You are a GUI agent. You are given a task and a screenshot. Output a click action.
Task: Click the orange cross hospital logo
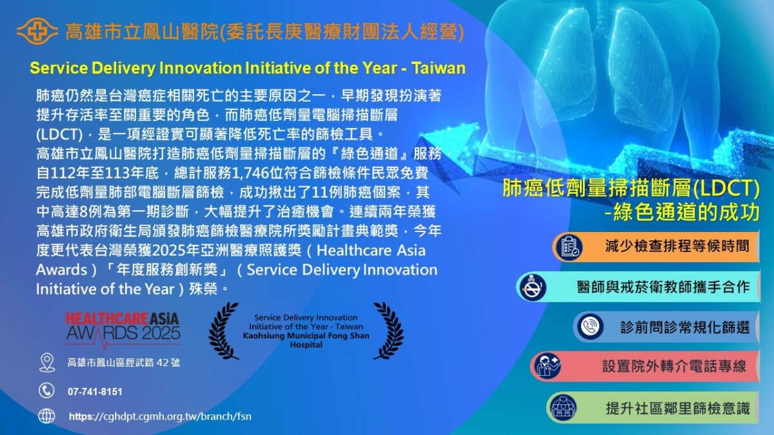[37, 32]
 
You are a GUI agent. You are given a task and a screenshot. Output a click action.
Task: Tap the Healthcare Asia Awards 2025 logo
[123, 330]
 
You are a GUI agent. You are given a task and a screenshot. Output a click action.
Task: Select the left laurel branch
[223, 331]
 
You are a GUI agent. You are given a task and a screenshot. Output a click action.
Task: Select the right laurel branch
[388, 331]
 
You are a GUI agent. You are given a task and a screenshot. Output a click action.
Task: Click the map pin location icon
[47, 362]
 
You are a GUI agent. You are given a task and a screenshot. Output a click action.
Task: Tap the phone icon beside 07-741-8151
[46, 391]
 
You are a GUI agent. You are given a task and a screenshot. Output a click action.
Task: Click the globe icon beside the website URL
[46, 416]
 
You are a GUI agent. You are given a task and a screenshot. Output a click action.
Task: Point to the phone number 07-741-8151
[95, 392]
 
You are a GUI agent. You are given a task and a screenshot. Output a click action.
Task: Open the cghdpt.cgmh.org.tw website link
[160, 416]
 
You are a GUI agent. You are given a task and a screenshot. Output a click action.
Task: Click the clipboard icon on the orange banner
[569, 247]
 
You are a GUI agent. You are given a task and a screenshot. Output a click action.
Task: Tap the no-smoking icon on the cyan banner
[532, 287]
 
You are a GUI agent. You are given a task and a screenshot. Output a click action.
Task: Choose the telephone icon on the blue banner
[590, 326]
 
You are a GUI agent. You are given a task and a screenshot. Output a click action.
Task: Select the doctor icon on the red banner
[548, 366]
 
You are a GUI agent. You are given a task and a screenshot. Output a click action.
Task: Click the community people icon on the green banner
[564, 408]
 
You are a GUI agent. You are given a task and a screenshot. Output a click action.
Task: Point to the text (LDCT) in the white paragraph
[59, 135]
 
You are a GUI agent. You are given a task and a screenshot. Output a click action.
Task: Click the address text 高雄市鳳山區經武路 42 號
[124, 362]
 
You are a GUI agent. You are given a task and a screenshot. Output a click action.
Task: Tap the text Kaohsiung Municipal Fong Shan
[306, 336]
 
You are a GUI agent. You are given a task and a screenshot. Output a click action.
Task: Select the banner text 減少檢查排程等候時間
[677, 246]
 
